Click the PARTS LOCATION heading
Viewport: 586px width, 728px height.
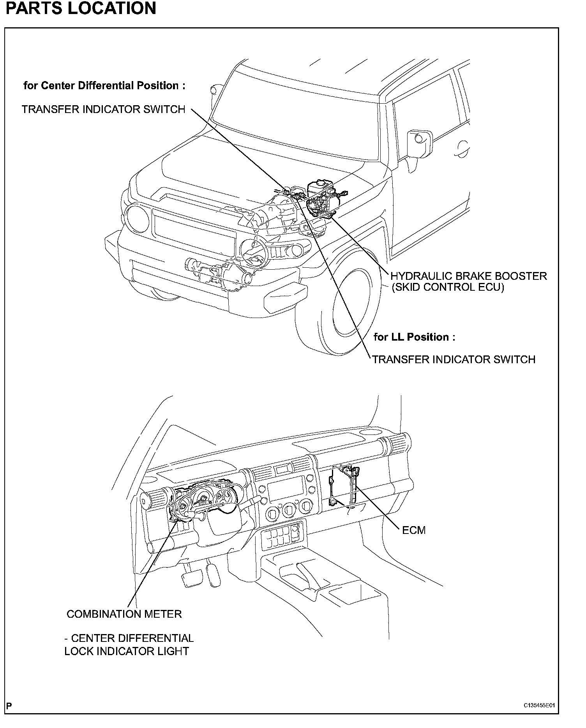pos(81,9)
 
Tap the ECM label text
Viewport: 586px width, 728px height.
pos(413,530)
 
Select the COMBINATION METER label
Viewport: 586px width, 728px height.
pos(124,614)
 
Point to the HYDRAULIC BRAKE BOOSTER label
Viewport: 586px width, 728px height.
pos(468,276)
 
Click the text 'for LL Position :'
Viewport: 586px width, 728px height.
pos(414,337)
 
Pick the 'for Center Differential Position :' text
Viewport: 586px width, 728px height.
pos(104,86)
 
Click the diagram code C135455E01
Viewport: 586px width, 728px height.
pos(539,706)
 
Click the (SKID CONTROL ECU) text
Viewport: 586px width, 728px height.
pos(448,288)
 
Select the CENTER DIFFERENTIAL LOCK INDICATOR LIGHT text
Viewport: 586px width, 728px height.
pos(129,645)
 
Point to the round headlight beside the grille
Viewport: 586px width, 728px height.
pos(137,217)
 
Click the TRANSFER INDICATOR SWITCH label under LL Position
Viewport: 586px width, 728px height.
pos(454,359)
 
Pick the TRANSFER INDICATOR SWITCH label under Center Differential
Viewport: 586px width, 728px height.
pos(103,110)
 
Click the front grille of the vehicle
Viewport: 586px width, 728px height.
pos(195,234)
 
